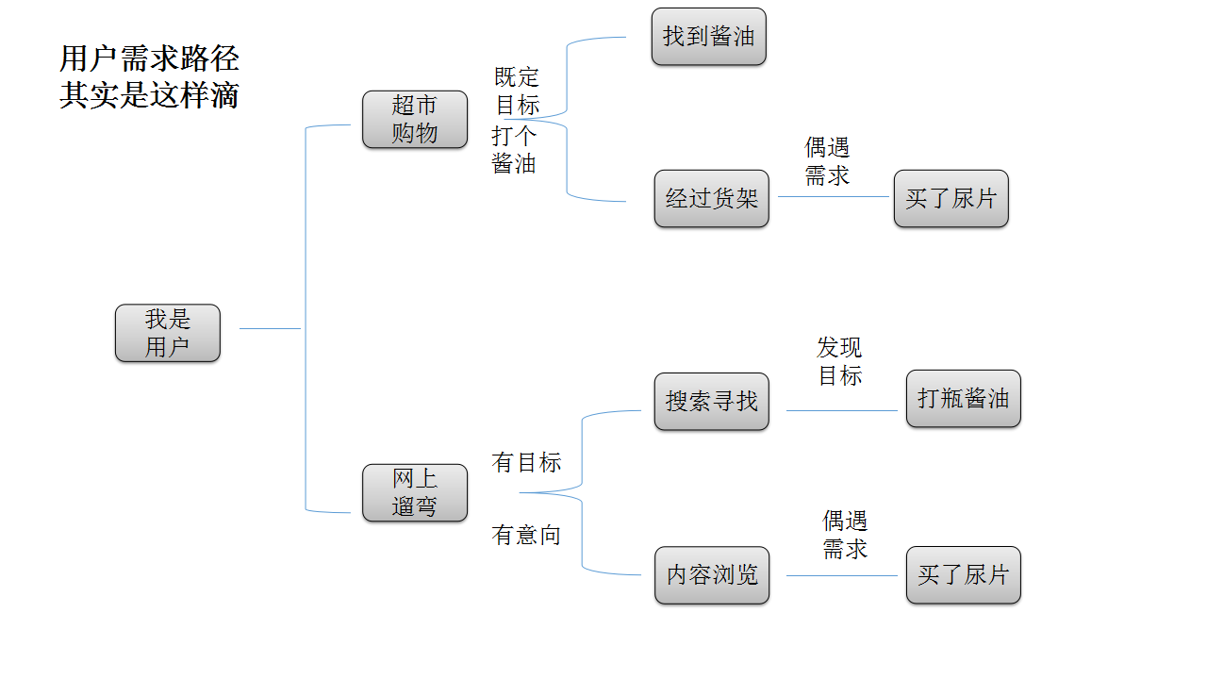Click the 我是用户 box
167,333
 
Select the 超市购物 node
415,119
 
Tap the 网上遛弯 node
415,492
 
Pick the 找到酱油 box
708,37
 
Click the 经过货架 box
711,198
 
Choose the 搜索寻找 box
711,401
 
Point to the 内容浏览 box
711,574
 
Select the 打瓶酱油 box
963,398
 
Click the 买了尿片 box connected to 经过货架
951,198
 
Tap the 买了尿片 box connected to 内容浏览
963,574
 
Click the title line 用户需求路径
149,58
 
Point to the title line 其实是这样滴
149,95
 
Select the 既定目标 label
518,91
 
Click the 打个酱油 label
514,149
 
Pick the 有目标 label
526,462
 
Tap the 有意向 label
526,535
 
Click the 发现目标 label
839,361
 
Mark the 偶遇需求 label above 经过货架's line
827,161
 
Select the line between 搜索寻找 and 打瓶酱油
841,410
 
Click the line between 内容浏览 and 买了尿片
841,575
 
